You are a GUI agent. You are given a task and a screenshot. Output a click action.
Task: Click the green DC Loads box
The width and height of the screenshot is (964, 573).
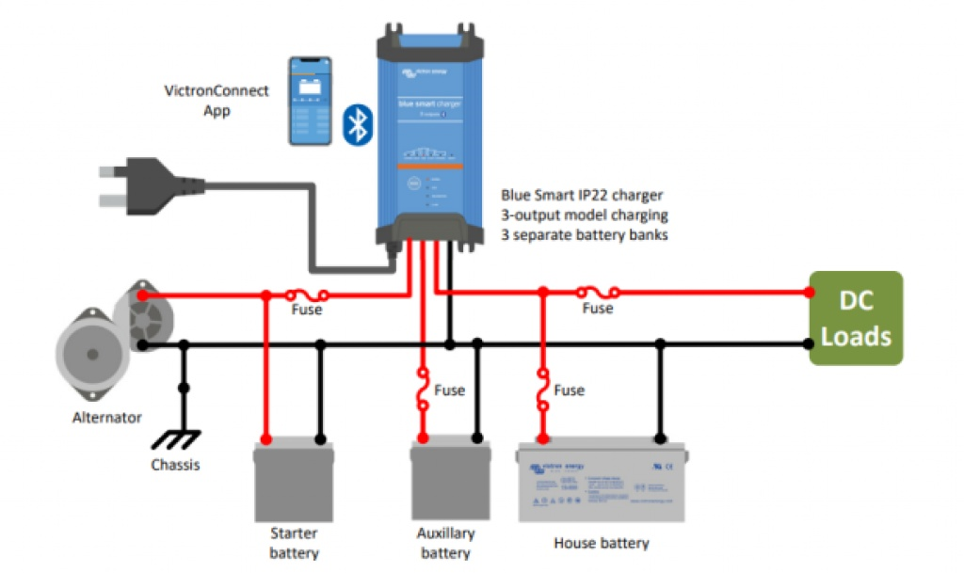click(x=856, y=318)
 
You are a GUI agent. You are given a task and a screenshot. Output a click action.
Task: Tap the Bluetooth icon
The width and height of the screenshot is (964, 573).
click(x=356, y=123)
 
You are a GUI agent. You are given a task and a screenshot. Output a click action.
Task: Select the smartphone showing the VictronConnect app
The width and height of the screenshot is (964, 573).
click(x=310, y=101)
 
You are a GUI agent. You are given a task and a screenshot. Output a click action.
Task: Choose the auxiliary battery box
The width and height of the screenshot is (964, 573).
click(x=450, y=478)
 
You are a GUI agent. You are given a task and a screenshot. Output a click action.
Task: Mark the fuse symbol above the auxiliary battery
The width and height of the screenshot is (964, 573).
click(x=424, y=390)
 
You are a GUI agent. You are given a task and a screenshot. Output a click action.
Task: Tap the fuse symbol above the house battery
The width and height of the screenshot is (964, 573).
click(x=542, y=390)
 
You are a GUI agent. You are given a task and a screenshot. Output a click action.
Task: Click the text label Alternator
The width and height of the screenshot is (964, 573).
click(x=106, y=417)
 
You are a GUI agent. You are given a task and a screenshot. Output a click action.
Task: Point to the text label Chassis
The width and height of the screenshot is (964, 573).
click(x=175, y=465)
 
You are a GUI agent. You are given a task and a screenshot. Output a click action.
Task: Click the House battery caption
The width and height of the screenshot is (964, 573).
click(x=602, y=543)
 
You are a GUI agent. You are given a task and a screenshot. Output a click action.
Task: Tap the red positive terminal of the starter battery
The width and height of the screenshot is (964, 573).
click(x=266, y=439)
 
